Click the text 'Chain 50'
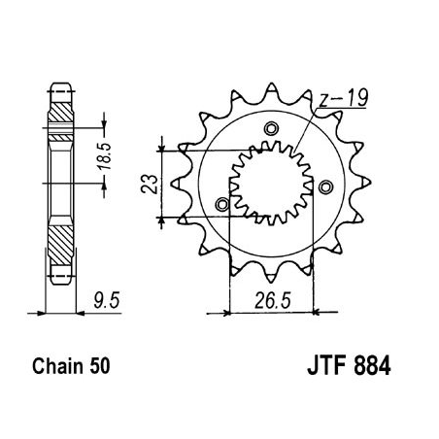(73, 368)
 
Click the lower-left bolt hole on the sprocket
(223, 203)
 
